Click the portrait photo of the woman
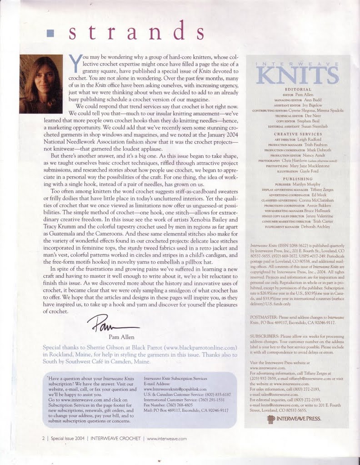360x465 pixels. [x=41, y=79]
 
